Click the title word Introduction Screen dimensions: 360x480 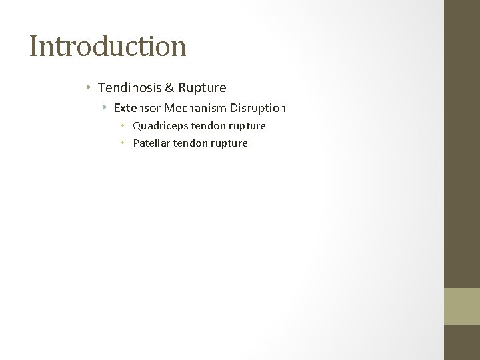coord(107,46)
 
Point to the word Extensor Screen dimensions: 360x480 coord(137,107)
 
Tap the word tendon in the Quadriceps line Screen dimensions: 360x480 coord(207,125)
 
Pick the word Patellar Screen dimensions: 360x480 coord(152,143)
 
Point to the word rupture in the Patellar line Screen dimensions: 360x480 coord(229,143)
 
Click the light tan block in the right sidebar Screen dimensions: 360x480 coord(462,305)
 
